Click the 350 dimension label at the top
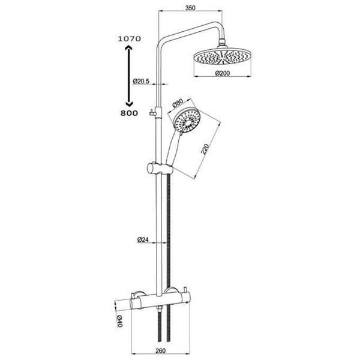190,8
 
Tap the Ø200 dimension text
222,73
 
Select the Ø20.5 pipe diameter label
141,81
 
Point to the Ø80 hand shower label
177,103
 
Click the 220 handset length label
205,149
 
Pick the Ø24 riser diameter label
143,240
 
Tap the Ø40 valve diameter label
119,321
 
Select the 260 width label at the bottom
160,351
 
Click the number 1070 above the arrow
129,39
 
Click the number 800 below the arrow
129,113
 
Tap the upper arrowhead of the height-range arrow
128,47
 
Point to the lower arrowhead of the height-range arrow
129,104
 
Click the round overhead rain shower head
222,56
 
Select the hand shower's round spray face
187,121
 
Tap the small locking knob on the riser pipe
152,113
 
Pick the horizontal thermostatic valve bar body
162,301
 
